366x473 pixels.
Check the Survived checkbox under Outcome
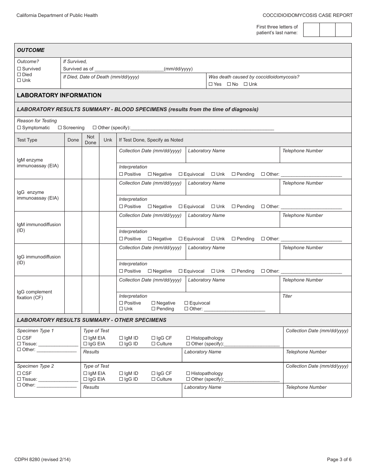coord(19,69)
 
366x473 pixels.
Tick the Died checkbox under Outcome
coord(19,75)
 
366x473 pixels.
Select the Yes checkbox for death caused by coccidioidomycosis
coord(210,84)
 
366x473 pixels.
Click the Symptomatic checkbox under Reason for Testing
coord(19,128)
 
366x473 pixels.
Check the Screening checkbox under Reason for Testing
coord(60,128)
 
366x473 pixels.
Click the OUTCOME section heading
coord(31,50)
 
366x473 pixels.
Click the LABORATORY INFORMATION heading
coord(59,95)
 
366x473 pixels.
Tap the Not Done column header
coord(91,140)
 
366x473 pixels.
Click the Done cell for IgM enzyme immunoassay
coord(73,163)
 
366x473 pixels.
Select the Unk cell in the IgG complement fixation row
coord(108,295)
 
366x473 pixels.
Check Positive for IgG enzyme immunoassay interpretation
coord(121,207)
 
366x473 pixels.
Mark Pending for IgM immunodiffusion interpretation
coord(233,239)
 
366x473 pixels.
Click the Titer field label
coord(287,296)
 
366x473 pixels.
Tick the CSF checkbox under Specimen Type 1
coord(19,338)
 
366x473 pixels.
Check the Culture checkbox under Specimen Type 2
coord(153,379)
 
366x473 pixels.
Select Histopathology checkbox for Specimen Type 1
coord(188,338)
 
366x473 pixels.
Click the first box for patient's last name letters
coord(311,30)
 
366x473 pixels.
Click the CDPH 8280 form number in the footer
coord(42,459)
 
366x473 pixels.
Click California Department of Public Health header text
coord(57,15)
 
